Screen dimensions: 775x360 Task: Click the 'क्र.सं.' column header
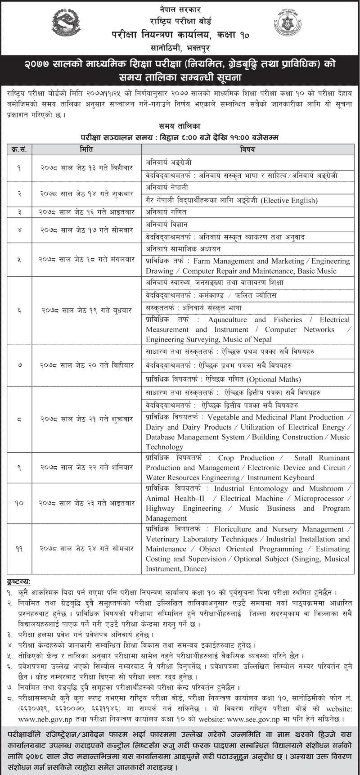click(x=19, y=149)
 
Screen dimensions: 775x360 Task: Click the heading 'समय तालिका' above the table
click(x=180, y=126)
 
